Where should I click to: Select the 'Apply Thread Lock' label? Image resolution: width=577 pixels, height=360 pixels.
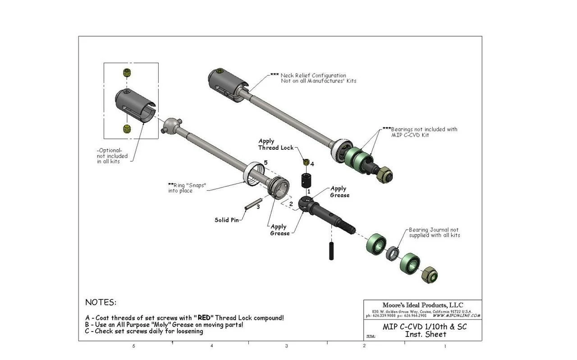(275, 144)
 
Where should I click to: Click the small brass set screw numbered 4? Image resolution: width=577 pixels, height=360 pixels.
(306, 162)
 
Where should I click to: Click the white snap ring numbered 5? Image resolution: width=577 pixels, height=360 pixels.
(254, 174)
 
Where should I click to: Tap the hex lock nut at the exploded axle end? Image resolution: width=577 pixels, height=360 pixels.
(429, 274)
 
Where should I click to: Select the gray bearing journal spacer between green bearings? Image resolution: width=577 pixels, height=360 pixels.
(393, 253)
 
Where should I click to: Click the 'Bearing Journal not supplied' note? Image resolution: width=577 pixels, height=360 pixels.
(434, 232)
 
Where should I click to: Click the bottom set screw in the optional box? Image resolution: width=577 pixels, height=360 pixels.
(127, 129)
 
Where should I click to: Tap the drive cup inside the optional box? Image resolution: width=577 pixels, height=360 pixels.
(135, 105)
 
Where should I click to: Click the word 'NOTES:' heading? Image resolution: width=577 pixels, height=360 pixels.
(101, 302)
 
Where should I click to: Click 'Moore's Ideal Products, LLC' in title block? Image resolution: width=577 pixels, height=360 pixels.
(422, 305)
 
